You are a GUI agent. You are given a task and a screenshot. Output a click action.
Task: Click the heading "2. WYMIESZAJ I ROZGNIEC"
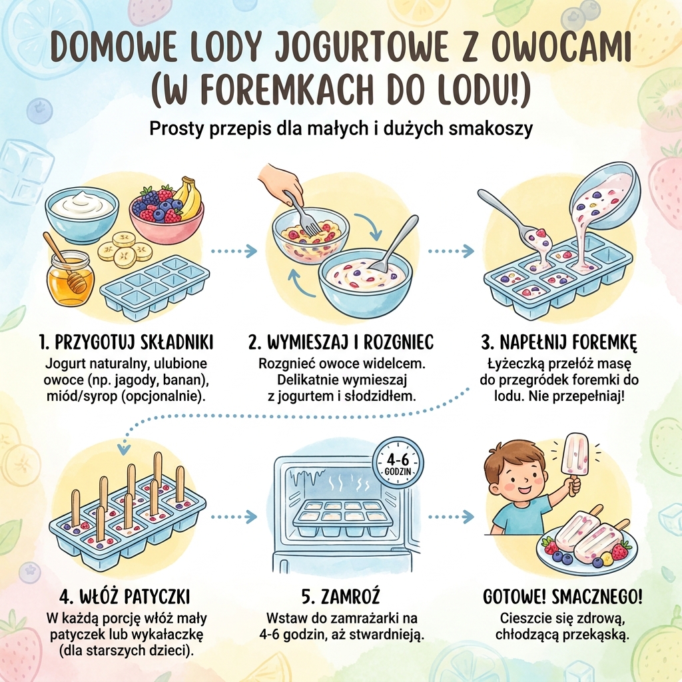[x=340, y=342]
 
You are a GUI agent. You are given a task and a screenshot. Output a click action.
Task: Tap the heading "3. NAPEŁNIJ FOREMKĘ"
[x=559, y=342]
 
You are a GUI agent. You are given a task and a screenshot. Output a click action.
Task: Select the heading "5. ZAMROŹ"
[x=341, y=595]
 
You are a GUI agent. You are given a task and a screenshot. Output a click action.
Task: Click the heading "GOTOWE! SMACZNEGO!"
[x=562, y=595]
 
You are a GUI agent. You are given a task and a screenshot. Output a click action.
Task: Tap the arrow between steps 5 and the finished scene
[x=451, y=517]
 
